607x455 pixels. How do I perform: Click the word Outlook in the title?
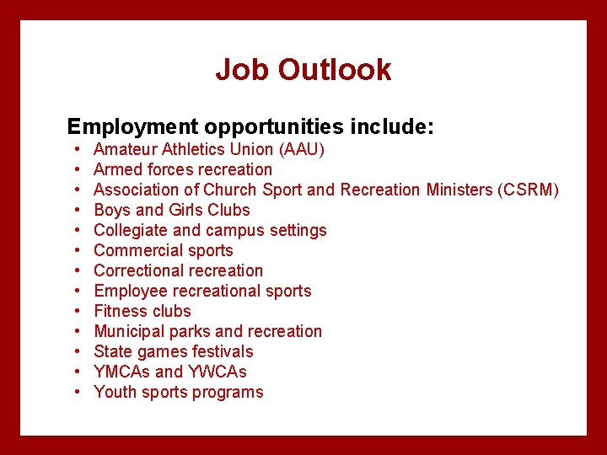coord(335,70)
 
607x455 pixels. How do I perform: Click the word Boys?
coord(112,210)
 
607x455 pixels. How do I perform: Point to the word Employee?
coord(130,291)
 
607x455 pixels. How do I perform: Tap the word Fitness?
coord(118,311)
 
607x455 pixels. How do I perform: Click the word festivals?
coord(223,351)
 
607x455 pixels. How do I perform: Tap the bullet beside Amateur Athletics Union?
coord(76,149)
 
